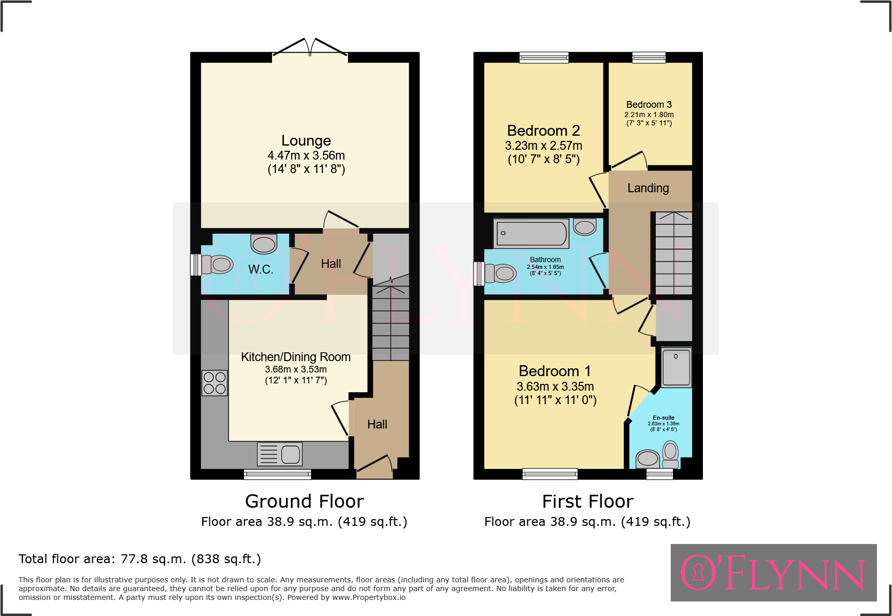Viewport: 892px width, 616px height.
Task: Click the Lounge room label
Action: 306,141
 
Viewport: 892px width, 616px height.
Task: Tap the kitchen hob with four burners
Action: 214,383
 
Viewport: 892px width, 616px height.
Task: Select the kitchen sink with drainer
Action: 280,454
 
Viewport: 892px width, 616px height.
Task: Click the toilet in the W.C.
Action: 218,265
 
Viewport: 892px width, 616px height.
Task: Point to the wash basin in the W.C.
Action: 264,243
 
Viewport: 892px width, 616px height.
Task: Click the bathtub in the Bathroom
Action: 531,234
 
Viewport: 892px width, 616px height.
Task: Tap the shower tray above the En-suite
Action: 676,367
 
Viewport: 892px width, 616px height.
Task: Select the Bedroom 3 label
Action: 649,105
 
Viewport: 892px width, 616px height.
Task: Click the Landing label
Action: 648,188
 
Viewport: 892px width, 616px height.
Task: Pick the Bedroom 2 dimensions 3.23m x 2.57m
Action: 543,146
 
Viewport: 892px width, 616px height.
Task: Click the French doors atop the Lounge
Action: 310,48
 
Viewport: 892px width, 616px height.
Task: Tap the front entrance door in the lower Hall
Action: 374,466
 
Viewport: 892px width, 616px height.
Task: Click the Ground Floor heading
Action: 304,502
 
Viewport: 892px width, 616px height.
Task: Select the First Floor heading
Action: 587,502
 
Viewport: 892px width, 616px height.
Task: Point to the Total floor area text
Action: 140,559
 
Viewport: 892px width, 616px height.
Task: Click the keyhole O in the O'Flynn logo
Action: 698,572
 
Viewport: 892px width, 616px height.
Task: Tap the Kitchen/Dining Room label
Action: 296,357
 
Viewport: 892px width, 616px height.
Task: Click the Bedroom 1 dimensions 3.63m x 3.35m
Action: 555,386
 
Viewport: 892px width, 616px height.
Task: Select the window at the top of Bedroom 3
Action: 649,57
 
